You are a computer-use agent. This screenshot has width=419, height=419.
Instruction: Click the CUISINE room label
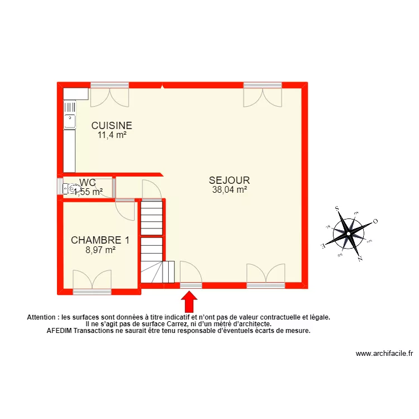(112, 126)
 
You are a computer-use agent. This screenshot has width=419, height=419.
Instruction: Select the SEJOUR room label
(229, 180)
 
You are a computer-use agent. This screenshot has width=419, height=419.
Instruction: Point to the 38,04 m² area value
(229, 189)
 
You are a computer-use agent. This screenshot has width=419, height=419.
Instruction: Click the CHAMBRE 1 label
(100, 241)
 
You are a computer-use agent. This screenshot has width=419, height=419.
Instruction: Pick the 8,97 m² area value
(100, 250)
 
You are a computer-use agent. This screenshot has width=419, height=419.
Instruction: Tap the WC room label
(88, 182)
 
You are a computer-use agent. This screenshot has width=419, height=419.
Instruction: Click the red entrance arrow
(189, 302)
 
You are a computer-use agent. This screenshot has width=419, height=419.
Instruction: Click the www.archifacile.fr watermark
(383, 354)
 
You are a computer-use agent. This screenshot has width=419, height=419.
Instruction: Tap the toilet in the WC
(72, 189)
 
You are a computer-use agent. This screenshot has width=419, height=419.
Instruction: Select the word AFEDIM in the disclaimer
(59, 330)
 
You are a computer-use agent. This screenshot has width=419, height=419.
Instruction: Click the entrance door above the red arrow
(191, 274)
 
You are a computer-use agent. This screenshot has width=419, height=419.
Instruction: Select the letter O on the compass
(375, 221)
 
